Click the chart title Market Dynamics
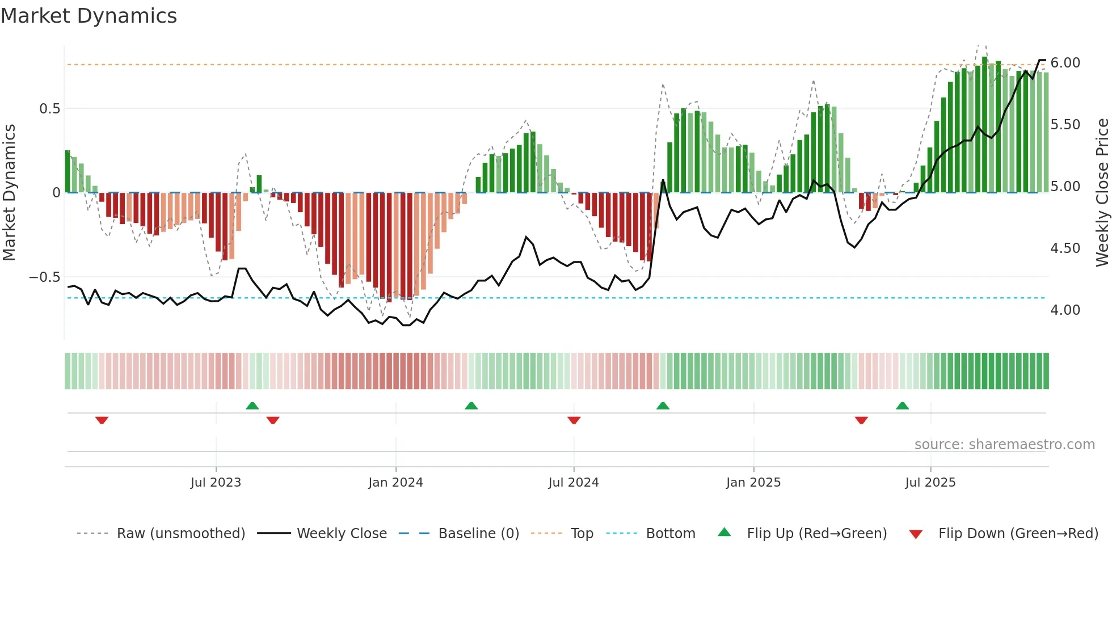point(89,16)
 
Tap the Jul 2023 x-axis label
point(216,483)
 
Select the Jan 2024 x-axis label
point(395,483)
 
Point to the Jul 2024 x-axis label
point(574,483)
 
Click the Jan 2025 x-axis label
point(753,483)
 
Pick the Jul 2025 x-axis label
point(930,483)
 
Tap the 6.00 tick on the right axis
point(1065,63)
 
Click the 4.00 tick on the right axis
point(1065,310)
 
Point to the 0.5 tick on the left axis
point(49,109)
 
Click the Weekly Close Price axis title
point(1102,193)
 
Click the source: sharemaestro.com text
point(1004,445)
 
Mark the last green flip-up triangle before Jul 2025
point(902,406)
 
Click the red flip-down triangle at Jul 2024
point(574,420)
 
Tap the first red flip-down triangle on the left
point(102,420)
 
